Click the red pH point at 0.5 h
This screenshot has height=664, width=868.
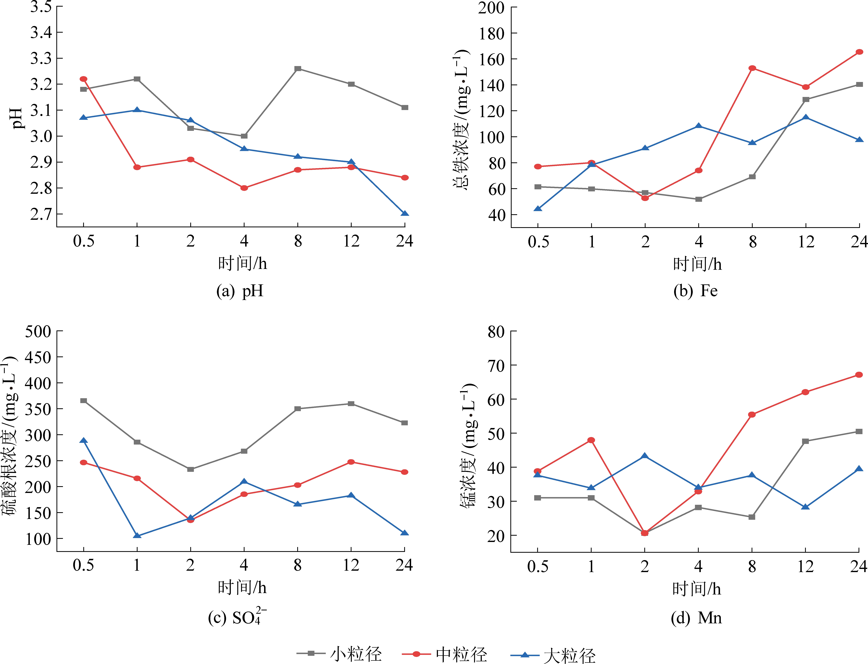tap(83, 79)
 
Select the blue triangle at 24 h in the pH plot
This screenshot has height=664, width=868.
tap(404, 213)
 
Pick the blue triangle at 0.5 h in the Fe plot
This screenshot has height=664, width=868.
tap(538, 209)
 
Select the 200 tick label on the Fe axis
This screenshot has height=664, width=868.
tap(491, 8)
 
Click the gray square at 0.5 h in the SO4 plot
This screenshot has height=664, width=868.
tap(83, 401)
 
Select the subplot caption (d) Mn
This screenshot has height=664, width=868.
tap(696, 618)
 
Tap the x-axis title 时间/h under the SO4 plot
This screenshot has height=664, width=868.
tap(242, 588)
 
